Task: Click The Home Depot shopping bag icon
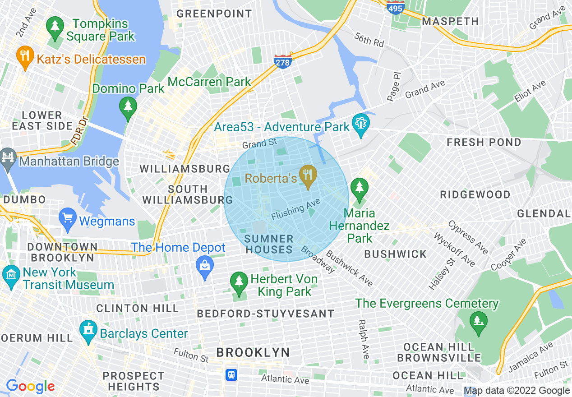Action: coord(205,265)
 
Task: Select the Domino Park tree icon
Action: coord(128,107)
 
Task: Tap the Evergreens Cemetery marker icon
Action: coord(478,322)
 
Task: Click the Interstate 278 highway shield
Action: coord(282,61)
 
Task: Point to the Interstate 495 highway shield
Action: coord(395,7)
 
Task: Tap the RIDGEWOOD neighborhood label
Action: coord(475,195)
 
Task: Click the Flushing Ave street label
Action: coord(295,210)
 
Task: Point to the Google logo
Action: coord(30,386)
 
